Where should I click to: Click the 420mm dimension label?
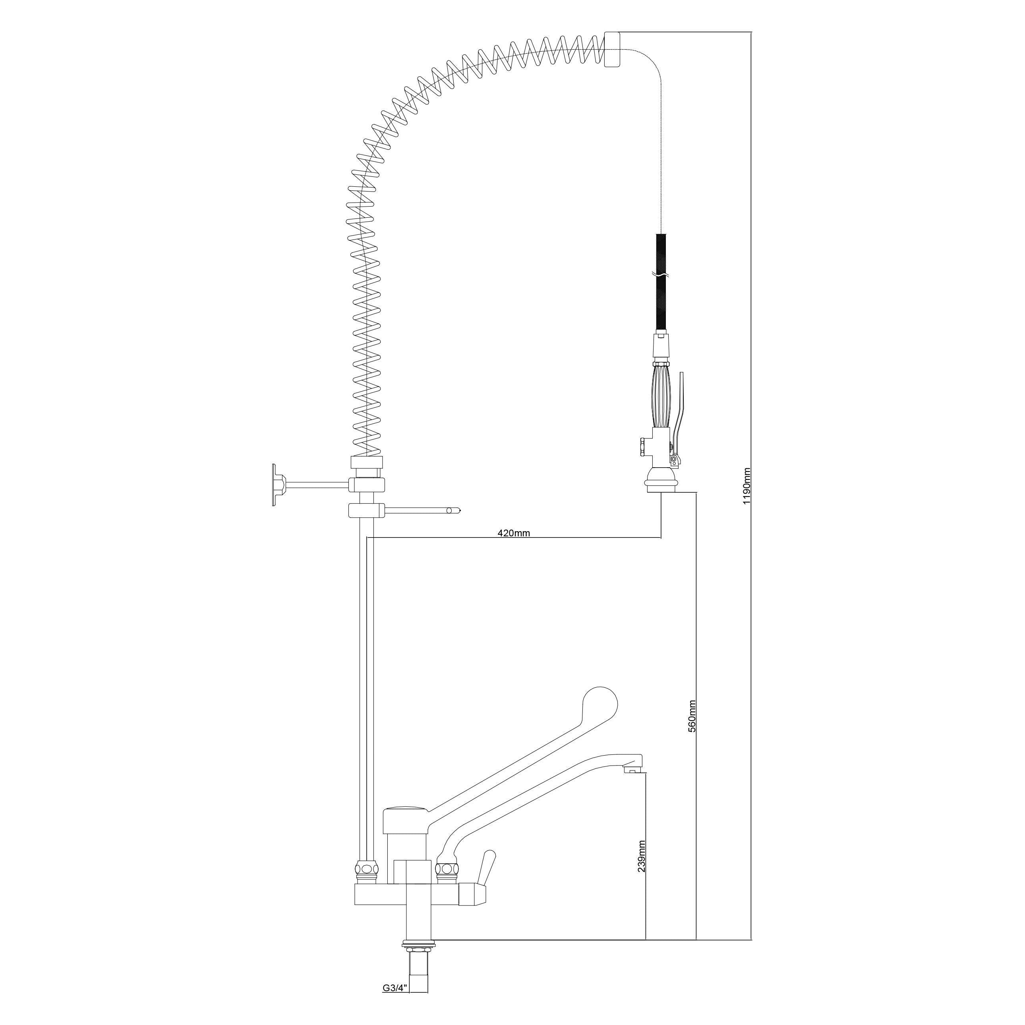coord(514,533)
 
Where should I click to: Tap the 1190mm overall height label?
coord(747,485)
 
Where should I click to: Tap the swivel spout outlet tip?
coord(632,770)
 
